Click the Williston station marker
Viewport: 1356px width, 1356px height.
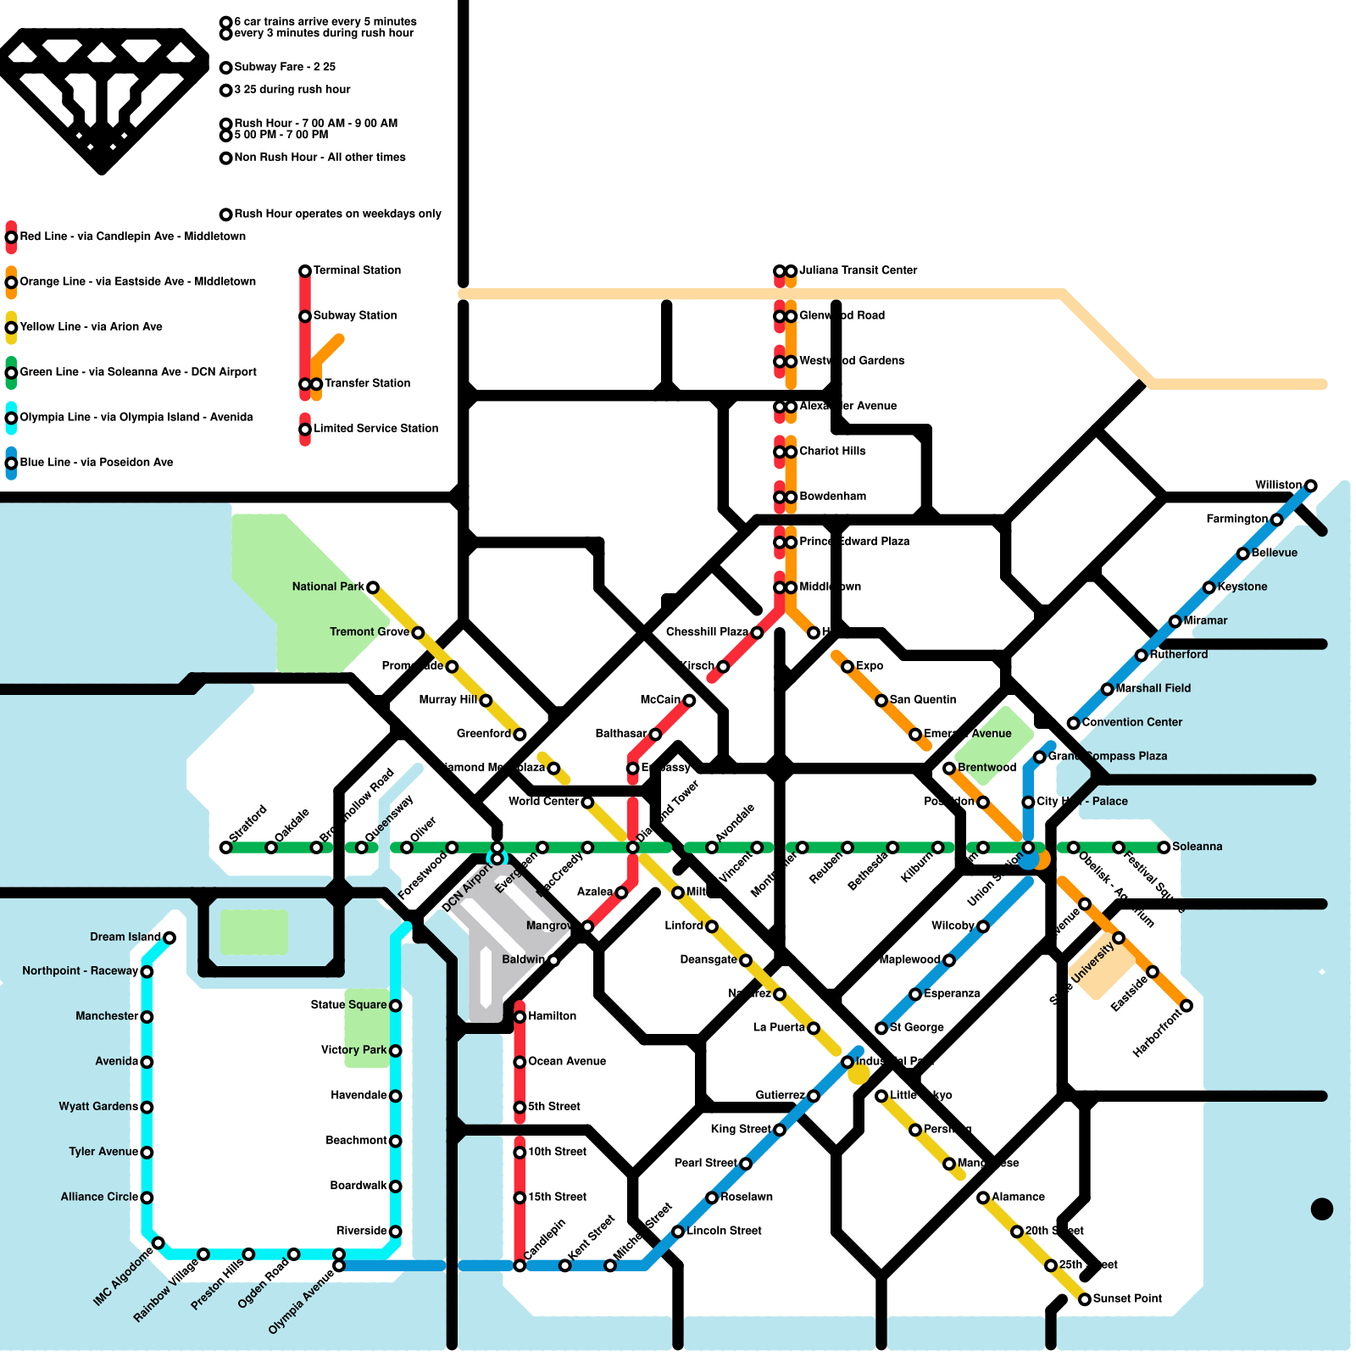click(x=1310, y=486)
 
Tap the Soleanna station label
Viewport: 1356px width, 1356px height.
click(x=1197, y=847)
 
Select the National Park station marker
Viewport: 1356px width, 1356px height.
click(x=372, y=587)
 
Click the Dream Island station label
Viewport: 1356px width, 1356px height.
click(x=125, y=936)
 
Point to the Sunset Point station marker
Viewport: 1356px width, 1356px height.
click(x=1085, y=1299)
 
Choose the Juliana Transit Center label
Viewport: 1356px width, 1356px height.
click(x=858, y=270)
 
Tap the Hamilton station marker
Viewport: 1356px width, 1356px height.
click(x=520, y=1016)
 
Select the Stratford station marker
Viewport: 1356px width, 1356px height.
click(x=225, y=847)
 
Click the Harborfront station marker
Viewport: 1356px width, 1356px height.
click(x=1186, y=1006)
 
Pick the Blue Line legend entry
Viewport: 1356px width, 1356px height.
click(x=96, y=463)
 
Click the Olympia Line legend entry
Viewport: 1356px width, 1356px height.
click(x=136, y=417)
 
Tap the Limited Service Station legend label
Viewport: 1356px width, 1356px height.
click(x=375, y=429)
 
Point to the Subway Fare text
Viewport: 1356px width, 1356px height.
click(x=285, y=67)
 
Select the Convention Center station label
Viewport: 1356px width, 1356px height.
click(x=1131, y=722)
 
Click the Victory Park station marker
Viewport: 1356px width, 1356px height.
click(x=395, y=1051)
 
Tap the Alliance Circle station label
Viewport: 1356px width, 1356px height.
click(x=99, y=1197)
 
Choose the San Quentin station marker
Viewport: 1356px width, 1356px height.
click(x=881, y=700)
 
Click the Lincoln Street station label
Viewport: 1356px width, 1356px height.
click(x=724, y=1231)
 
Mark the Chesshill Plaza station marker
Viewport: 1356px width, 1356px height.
click(x=757, y=632)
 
